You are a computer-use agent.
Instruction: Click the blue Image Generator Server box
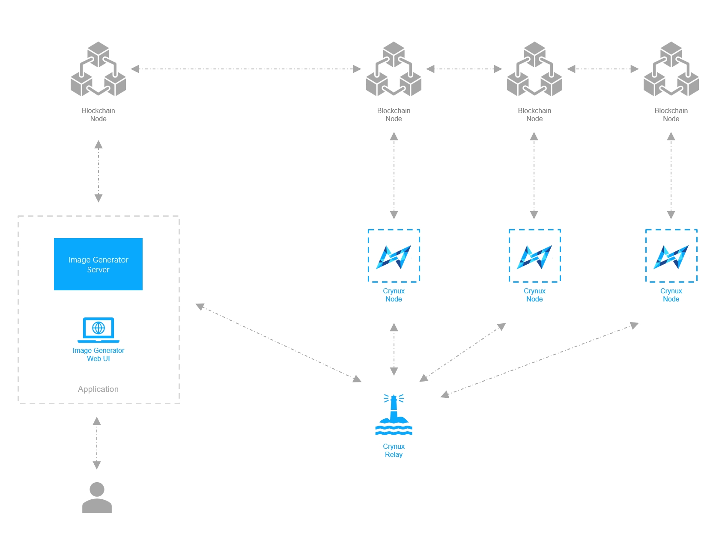(x=98, y=264)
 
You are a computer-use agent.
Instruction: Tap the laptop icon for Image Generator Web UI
(x=98, y=330)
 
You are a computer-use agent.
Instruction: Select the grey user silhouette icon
(x=97, y=498)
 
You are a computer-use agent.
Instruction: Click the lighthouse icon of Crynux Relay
(x=394, y=415)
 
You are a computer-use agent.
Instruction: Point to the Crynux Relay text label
(x=394, y=451)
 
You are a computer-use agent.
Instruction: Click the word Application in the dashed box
(x=98, y=389)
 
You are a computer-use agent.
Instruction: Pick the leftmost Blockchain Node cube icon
(x=98, y=69)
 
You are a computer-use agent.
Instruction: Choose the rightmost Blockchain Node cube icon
(x=671, y=69)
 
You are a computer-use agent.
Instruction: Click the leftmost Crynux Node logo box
(x=394, y=256)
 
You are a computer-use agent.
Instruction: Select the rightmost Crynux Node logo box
(x=671, y=256)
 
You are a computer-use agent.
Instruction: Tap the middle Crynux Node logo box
(x=534, y=256)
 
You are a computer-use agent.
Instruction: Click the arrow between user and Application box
(x=97, y=443)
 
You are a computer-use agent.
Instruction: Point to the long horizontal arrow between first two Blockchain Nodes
(x=246, y=69)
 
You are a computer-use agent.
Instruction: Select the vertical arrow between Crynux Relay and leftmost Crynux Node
(x=394, y=349)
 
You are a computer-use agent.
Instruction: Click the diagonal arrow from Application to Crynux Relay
(x=278, y=343)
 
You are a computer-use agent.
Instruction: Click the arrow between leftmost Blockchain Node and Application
(x=98, y=171)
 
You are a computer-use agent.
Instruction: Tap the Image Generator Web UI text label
(x=98, y=355)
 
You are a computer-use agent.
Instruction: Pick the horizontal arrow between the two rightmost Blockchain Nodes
(x=603, y=69)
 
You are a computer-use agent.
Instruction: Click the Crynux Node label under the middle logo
(x=534, y=295)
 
